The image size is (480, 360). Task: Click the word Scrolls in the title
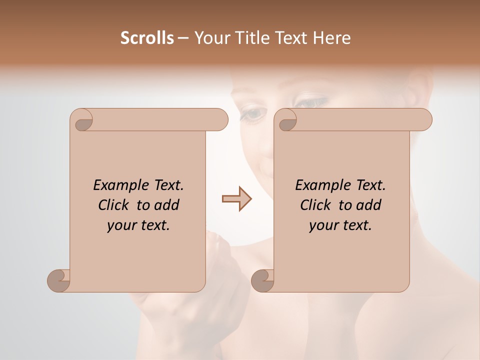click(x=147, y=38)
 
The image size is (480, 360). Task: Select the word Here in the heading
click(x=331, y=38)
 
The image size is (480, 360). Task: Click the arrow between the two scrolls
click(x=236, y=199)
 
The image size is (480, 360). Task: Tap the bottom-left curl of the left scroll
click(x=59, y=280)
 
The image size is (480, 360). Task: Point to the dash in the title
click(x=183, y=38)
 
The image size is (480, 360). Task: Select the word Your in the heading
click(x=211, y=38)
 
